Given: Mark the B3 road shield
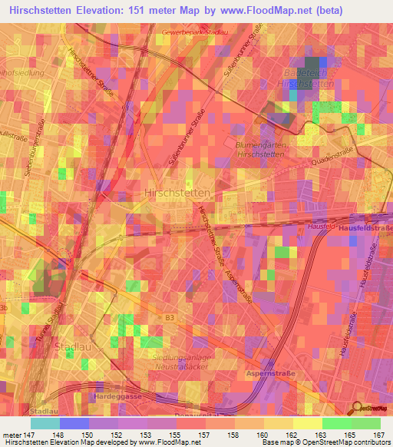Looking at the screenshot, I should [170, 316].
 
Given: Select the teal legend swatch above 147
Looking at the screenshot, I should [45, 423].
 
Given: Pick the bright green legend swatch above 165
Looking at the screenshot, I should [336, 423].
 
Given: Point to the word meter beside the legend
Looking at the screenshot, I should [14, 435].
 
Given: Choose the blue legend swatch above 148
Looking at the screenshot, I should [74, 423].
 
